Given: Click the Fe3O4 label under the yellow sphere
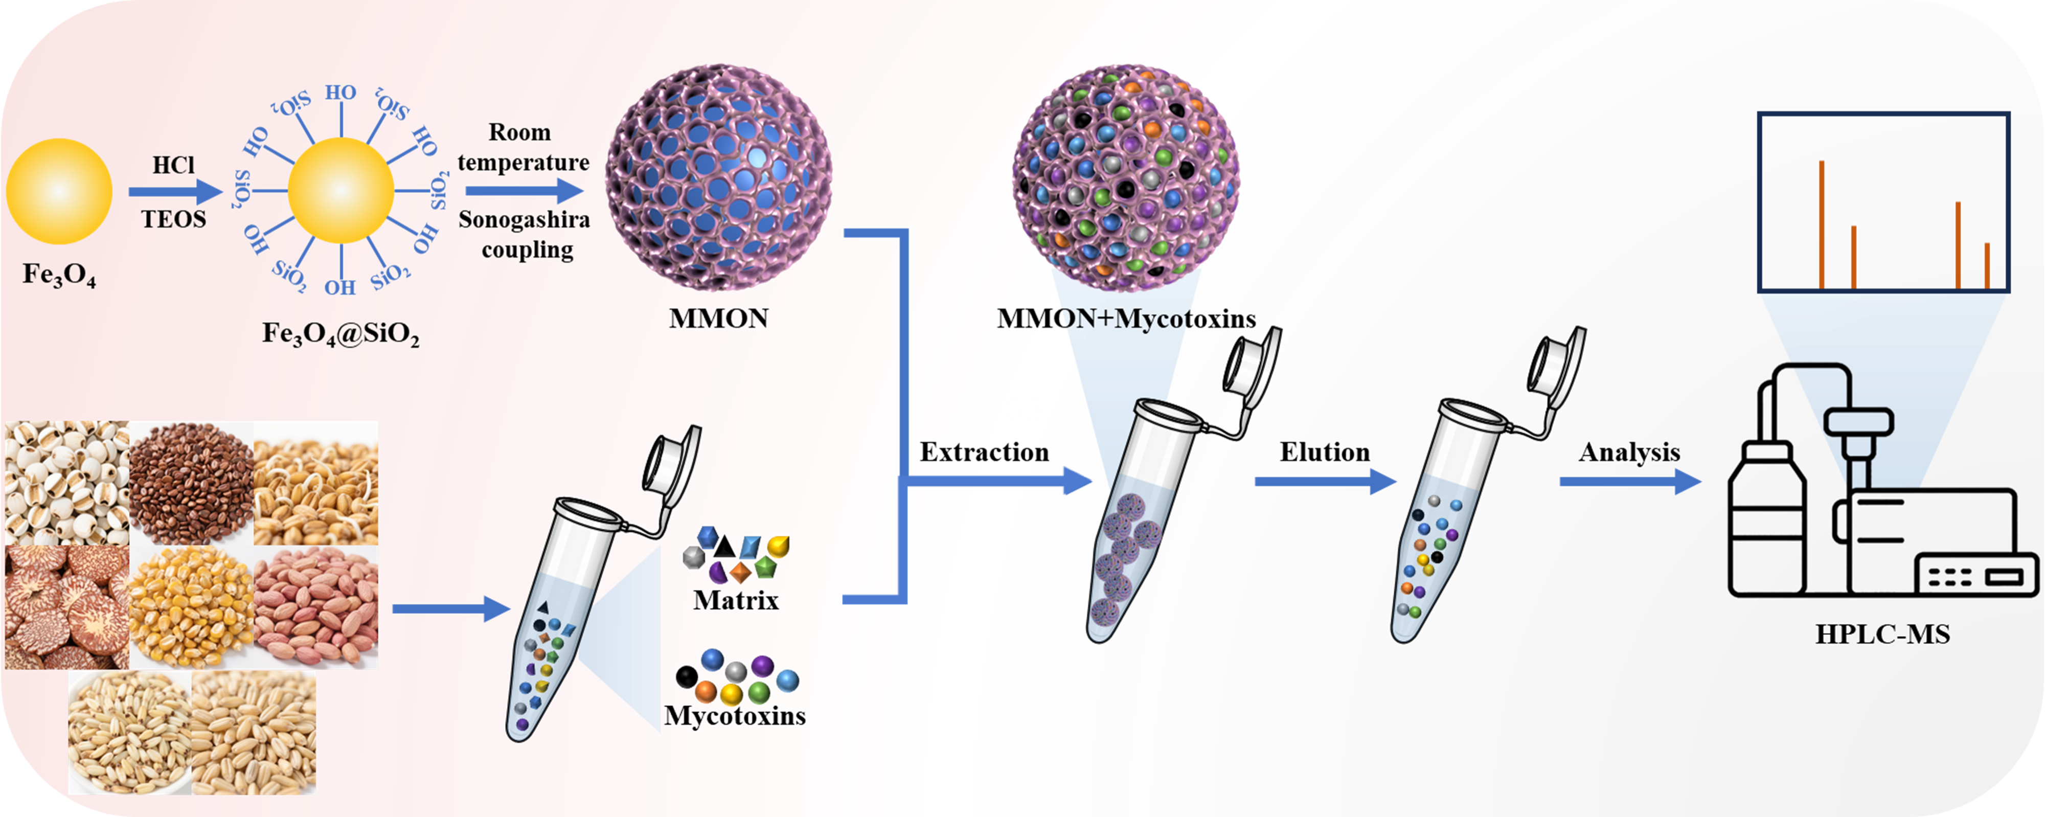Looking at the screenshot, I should pyautogui.click(x=59, y=275).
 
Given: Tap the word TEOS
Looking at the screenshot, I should pyautogui.click(x=174, y=219).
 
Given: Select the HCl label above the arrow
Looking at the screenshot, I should pyautogui.click(x=173, y=165).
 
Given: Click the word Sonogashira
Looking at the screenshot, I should pyautogui.click(x=524, y=220).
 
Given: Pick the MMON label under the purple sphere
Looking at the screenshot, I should pyautogui.click(x=718, y=319).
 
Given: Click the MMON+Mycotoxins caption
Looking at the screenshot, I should pyautogui.click(x=1126, y=319).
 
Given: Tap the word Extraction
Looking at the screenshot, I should pyautogui.click(x=984, y=452).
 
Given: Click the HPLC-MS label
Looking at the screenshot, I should pyautogui.click(x=1882, y=634).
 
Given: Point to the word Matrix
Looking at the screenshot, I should pyautogui.click(x=736, y=600).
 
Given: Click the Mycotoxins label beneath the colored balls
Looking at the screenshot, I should pyautogui.click(x=735, y=716).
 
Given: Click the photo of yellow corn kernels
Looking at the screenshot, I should pyautogui.click(x=191, y=607).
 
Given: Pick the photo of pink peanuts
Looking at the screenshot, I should pyautogui.click(x=316, y=607).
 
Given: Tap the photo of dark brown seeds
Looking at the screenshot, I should pyautogui.click(x=191, y=483).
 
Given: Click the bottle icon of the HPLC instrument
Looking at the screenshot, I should pyautogui.click(x=1766, y=524).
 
